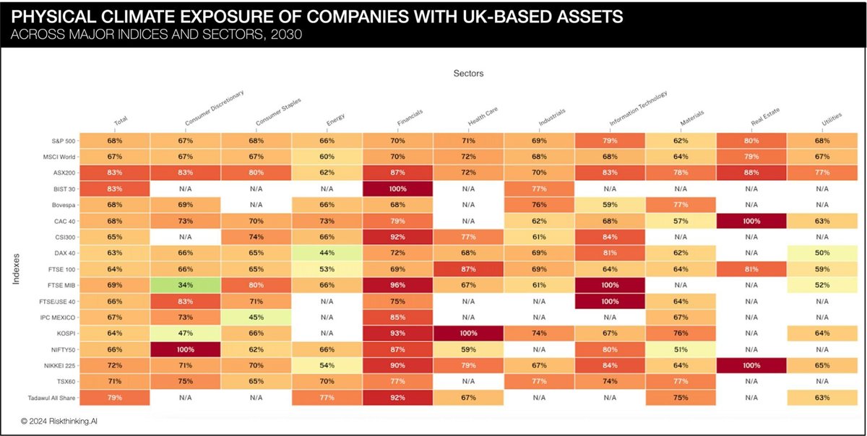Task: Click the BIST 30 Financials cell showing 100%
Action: (398, 188)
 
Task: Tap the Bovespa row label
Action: (57, 204)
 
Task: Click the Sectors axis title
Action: (468, 73)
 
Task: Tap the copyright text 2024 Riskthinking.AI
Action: (61, 419)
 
